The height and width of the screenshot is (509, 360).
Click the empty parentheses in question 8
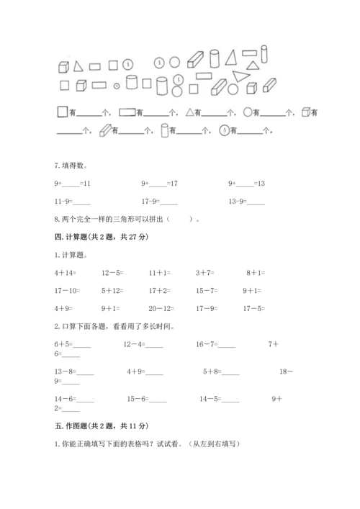coord(179,220)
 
